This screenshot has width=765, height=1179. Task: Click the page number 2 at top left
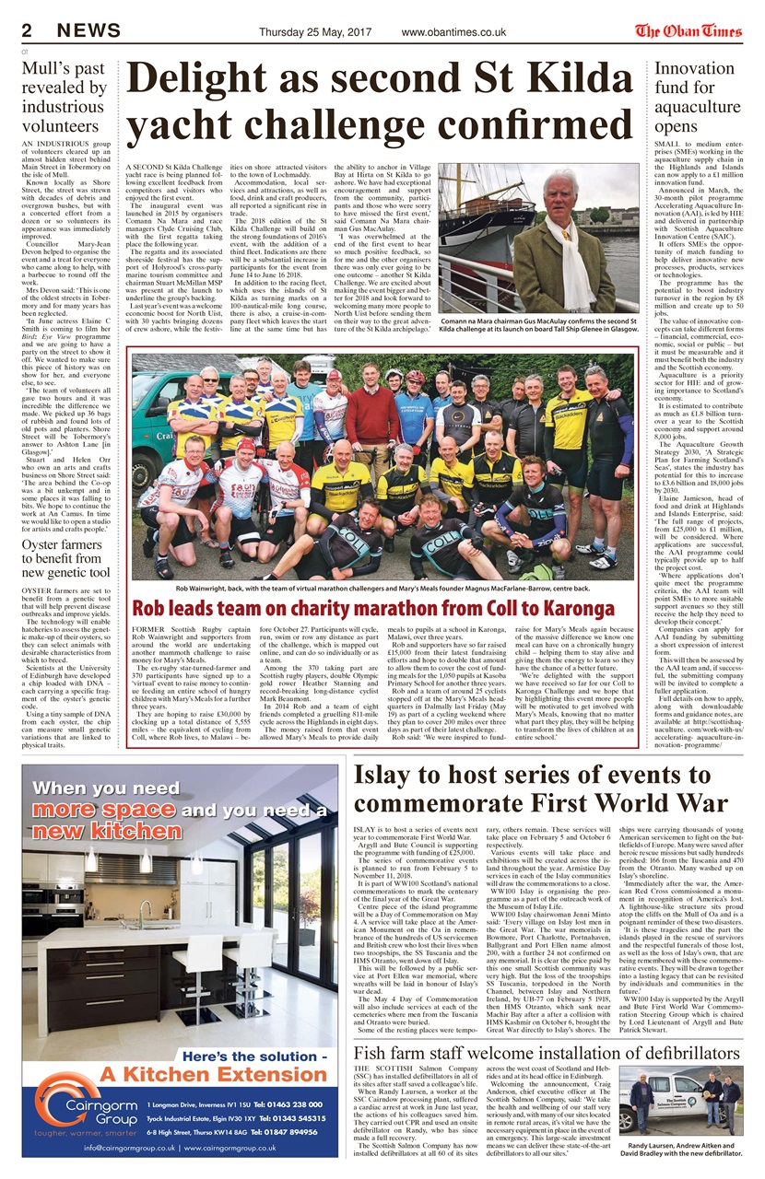(x=27, y=31)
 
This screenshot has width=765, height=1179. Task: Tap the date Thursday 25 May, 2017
(x=316, y=32)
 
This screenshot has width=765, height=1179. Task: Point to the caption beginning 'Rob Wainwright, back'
(x=382, y=587)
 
